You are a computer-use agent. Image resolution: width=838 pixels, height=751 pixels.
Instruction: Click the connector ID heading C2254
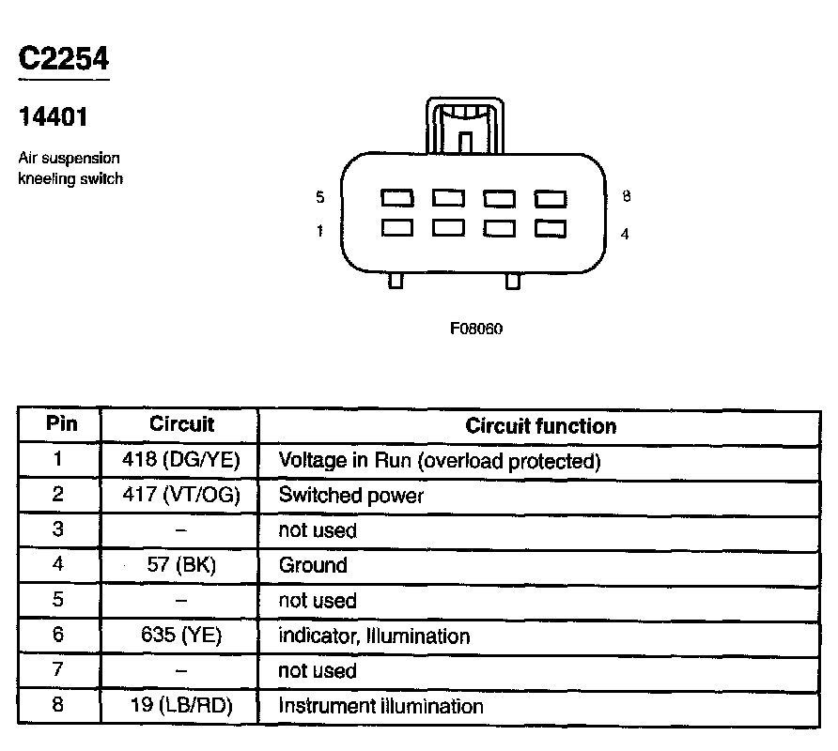tap(64, 59)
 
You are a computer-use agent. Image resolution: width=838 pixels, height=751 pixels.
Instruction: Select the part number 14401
tap(54, 119)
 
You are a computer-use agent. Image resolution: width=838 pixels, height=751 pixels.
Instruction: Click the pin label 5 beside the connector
tap(320, 197)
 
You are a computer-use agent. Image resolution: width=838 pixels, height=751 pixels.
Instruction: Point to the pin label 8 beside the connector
tap(627, 196)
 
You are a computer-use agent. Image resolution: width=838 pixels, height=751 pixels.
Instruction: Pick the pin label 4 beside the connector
tap(625, 234)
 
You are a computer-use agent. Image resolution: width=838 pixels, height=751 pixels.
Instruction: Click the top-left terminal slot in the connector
tap(397, 198)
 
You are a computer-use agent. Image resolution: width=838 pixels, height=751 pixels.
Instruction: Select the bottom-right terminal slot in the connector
tap(551, 228)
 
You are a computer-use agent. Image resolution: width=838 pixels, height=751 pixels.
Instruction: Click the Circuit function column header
tap(541, 426)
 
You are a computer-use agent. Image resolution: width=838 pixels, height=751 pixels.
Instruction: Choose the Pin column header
tap(61, 424)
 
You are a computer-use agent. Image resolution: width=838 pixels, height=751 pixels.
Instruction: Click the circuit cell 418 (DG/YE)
tap(181, 461)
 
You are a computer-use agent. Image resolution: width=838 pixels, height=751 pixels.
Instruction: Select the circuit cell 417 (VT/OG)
tap(181, 496)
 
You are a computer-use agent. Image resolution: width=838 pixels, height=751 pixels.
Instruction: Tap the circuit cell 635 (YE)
tap(181, 636)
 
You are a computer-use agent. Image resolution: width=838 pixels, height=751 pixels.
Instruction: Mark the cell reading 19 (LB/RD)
tap(181, 706)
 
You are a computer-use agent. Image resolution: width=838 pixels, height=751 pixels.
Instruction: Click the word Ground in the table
tap(313, 566)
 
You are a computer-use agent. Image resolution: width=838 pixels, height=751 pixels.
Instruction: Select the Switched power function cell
tap(351, 496)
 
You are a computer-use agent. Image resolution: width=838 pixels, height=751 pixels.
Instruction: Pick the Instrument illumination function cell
tap(380, 706)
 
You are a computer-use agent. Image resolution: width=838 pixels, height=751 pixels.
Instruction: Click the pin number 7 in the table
tap(58, 671)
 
